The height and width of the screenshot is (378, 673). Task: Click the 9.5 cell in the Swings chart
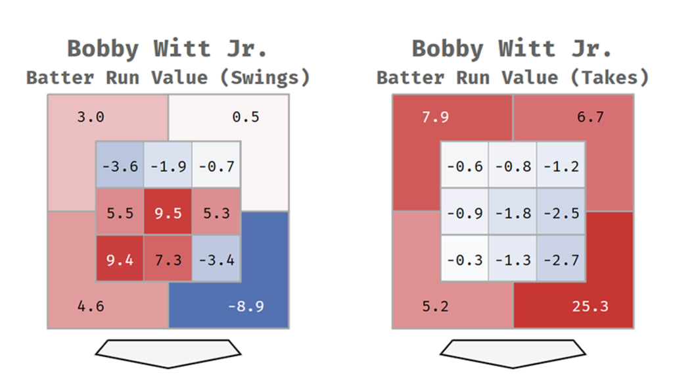point(168,212)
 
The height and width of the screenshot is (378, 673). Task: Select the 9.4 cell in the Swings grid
point(120,259)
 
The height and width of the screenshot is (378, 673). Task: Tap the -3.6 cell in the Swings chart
point(120,165)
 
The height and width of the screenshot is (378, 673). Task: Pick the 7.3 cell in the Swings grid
point(168,259)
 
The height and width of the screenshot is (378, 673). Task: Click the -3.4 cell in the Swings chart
point(216,259)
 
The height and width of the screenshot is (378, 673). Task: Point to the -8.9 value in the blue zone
point(245,306)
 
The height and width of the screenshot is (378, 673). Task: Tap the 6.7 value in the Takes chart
point(590,118)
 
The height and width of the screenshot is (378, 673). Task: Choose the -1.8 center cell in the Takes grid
point(513,212)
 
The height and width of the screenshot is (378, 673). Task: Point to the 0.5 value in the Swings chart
point(245,118)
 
